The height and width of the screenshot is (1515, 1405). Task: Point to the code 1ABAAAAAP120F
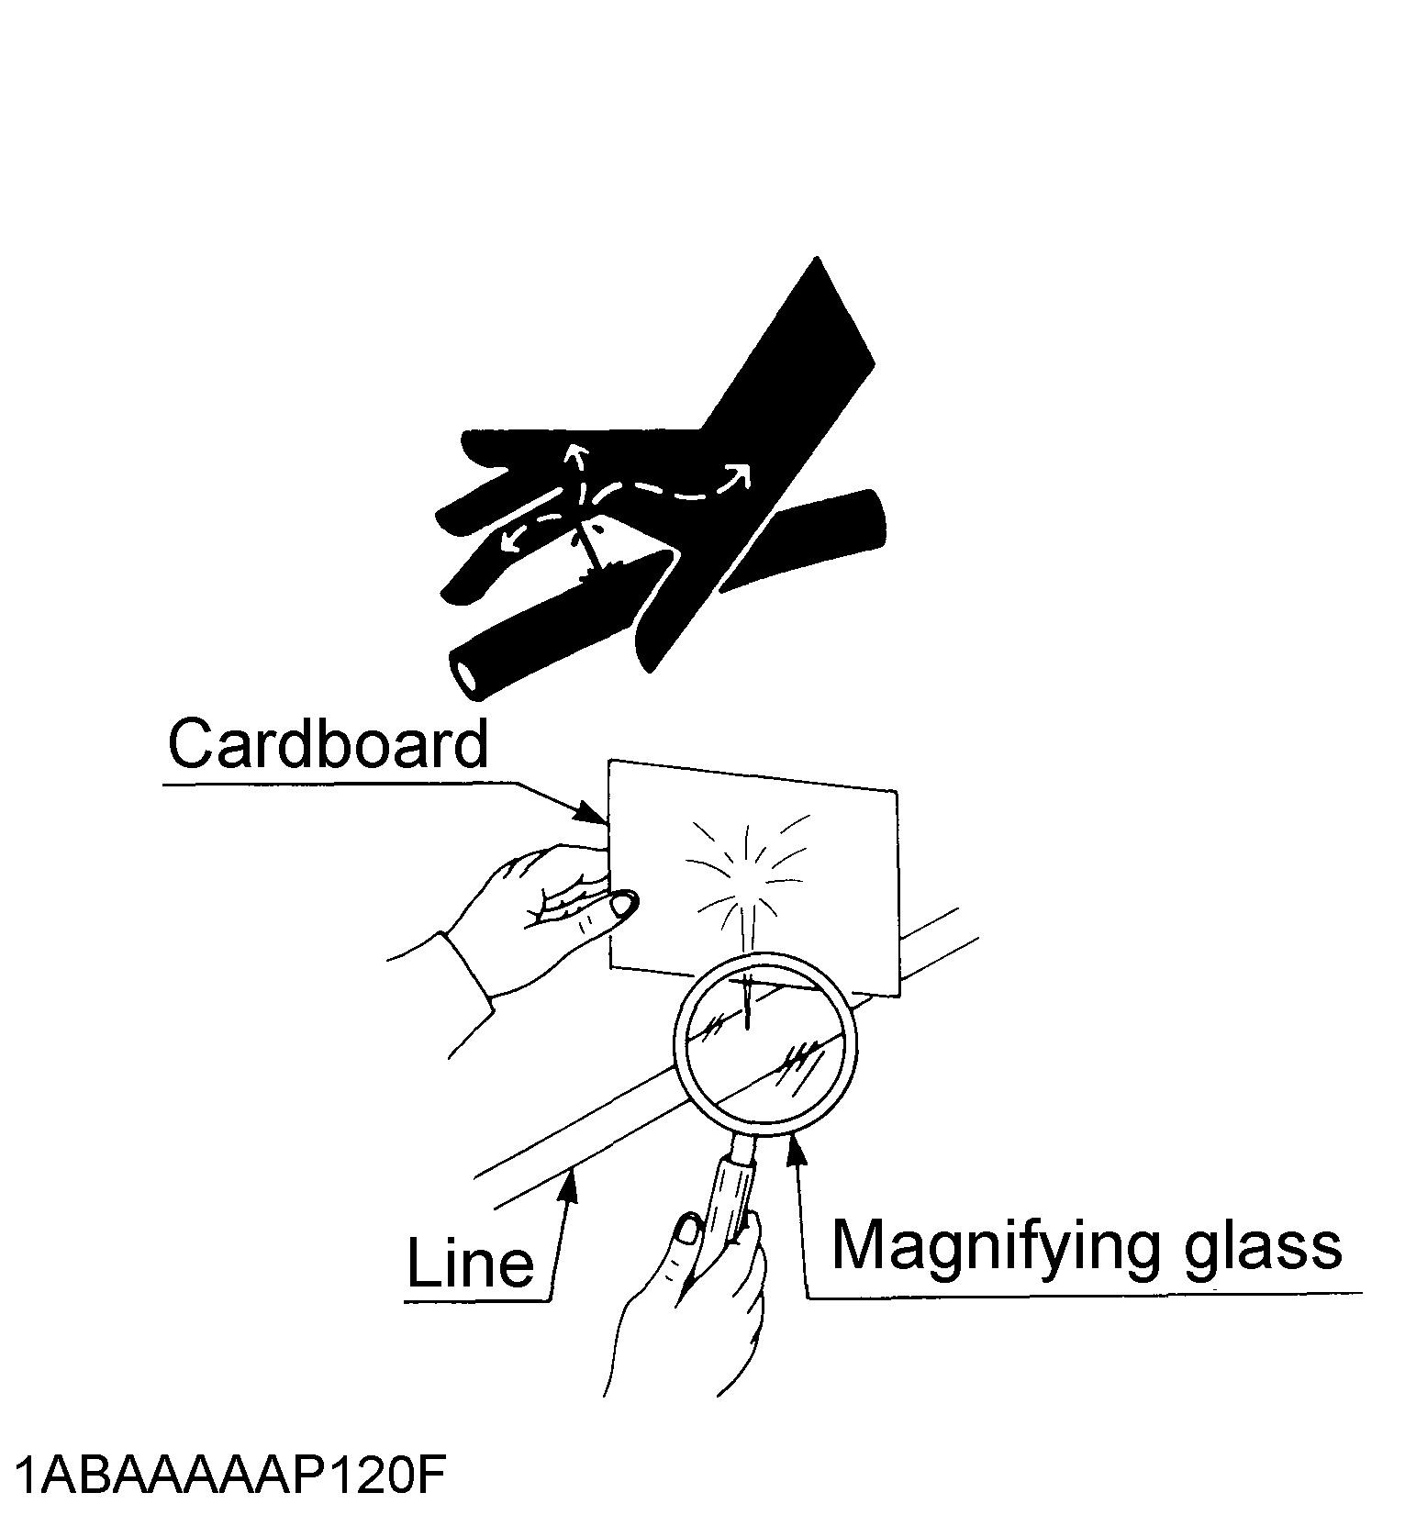click(x=229, y=1476)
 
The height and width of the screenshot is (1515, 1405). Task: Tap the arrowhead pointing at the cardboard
click(x=590, y=812)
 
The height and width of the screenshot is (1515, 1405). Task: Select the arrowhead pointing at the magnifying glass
click(x=797, y=1149)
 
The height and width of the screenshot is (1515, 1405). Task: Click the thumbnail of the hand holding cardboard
click(x=623, y=906)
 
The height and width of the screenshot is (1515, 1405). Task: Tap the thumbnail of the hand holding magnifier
click(x=687, y=1231)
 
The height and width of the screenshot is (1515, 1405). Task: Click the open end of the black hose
click(x=466, y=675)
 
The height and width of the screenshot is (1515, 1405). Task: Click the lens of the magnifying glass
click(x=766, y=1046)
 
